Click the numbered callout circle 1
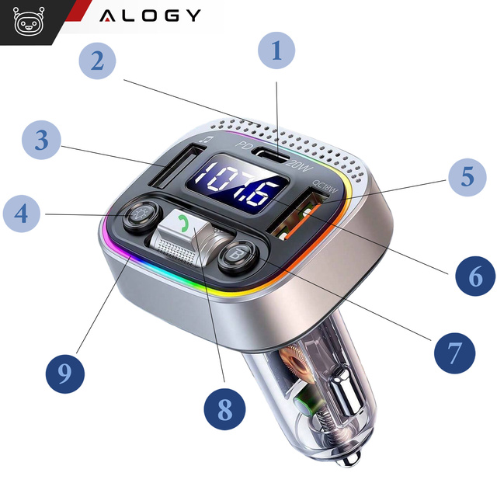(278, 52)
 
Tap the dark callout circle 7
(454, 353)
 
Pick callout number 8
(224, 408)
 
